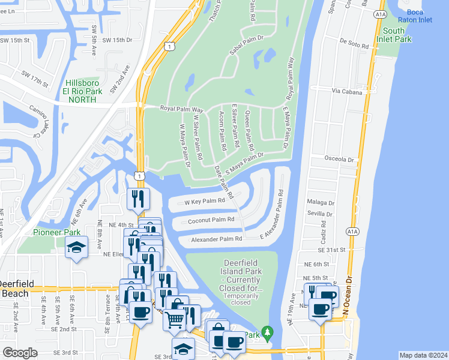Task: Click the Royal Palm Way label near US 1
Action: [182, 109]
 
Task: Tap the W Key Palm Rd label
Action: [204, 201]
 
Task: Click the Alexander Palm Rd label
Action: [217, 239]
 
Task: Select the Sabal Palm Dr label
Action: [247, 44]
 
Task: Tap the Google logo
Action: [20, 353]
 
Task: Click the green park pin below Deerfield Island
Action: [267, 331]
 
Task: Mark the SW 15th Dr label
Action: [116, 40]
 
